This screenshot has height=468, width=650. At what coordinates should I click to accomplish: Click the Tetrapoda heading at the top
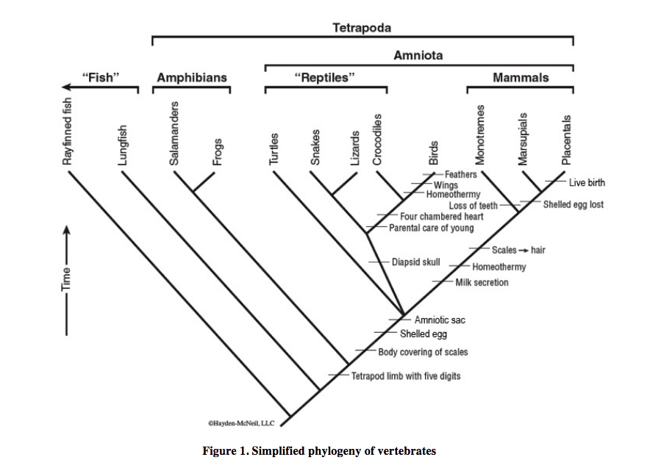tap(361, 29)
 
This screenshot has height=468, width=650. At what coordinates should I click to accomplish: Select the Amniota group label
tap(418, 55)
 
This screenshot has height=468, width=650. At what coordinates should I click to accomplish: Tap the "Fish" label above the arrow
tap(104, 77)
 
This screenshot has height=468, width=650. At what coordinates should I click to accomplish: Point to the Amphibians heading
tap(191, 77)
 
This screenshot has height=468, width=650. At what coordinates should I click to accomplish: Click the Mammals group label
tap(521, 77)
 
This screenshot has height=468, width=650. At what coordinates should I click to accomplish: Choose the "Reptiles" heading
tap(324, 77)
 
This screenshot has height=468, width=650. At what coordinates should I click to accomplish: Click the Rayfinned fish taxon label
tap(68, 133)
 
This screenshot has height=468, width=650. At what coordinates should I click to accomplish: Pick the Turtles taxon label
tap(274, 149)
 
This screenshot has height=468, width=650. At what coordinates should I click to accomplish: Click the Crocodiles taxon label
tap(376, 140)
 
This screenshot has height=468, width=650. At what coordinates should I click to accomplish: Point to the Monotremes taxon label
tap(479, 134)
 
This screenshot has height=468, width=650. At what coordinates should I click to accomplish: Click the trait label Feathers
tap(461, 174)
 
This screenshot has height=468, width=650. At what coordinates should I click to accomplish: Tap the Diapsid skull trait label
tap(415, 262)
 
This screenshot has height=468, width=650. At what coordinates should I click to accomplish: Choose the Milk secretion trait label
tap(482, 282)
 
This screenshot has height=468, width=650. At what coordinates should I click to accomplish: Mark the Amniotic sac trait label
tap(440, 320)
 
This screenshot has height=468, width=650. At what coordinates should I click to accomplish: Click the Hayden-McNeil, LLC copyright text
tap(240, 423)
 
